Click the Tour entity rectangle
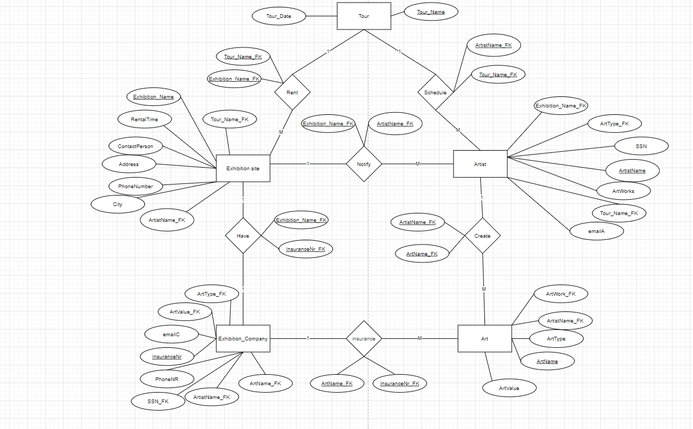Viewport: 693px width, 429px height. click(x=364, y=16)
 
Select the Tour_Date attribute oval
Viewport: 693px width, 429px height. click(x=279, y=16)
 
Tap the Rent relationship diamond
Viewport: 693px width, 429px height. click(x=292, y=92)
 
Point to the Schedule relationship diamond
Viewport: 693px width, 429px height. click(x=435, y=92)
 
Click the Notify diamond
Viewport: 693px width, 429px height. click(x=364, y=164)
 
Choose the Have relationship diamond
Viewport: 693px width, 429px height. click(x=243, y=236)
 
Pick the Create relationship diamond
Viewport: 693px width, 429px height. click(x=482, y=236)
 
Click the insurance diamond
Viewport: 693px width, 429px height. click(x=364, y=338)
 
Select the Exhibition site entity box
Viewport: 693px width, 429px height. click(x=243, y=168)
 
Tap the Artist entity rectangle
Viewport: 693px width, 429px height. click(x=480, y=164)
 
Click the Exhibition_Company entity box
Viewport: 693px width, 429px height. click(x=243, y=338)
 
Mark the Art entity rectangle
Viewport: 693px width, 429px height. click(x=484, y=338)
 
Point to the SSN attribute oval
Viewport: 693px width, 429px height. click(x=641, y=146)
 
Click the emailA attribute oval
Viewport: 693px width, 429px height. click(x=597, y=231)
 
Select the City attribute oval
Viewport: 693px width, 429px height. click(x=117, y=204)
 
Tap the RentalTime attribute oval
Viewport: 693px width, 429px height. click(x=144, y=120)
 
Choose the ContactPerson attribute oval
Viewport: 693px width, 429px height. click(x=135, y=145)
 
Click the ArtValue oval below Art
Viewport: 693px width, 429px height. click(x=509, y=388)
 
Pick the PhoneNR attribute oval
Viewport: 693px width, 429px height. click(x=166, y=378)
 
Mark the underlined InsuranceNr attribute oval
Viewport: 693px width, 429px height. click(x=166, y=357)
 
